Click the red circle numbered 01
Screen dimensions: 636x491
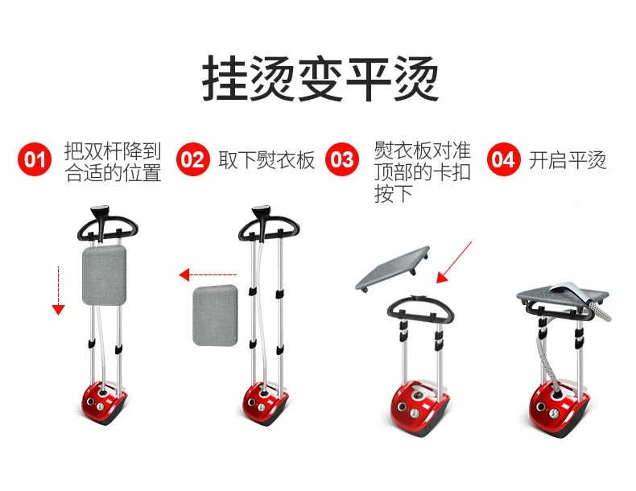[35, 159]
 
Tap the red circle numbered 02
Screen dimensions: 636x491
[193, 159]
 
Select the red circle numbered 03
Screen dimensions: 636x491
[342, 159]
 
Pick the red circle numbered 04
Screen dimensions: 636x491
[503, 159]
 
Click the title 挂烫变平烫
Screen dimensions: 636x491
[320, 78]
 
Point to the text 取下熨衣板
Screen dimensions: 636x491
[266, 160]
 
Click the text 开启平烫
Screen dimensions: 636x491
[568, 160]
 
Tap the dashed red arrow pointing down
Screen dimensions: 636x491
[59, 291]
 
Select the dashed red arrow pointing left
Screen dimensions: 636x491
[208, 275]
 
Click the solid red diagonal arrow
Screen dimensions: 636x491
[454, 262]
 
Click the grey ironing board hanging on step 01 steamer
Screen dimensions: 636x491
[104, 275]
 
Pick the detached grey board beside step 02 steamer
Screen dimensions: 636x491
[215, 315]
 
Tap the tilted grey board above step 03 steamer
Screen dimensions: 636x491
[393, 267]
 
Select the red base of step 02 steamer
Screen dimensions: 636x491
[266, 403]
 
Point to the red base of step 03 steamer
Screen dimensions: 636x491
[419, 408]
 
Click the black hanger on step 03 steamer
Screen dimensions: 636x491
[419, 309]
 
